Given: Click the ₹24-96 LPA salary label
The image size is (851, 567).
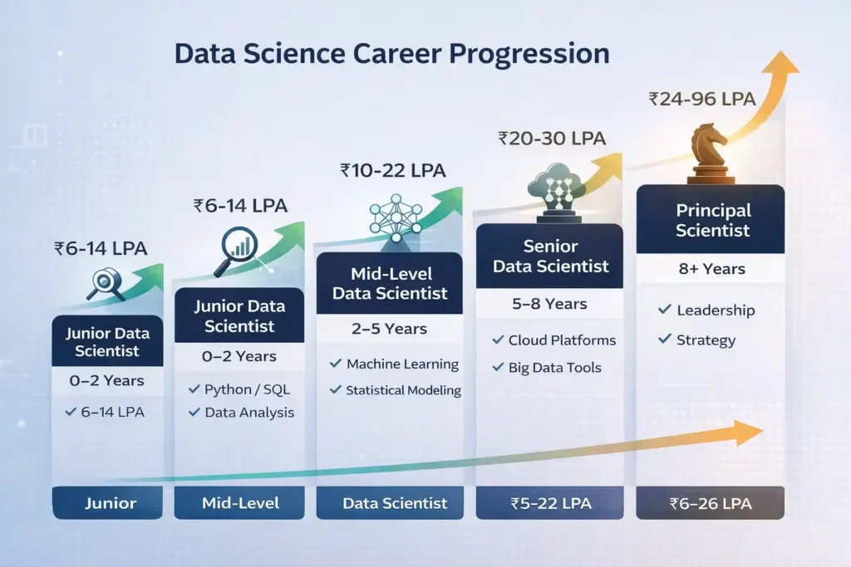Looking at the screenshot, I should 701,99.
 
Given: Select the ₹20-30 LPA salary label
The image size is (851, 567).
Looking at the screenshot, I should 552,139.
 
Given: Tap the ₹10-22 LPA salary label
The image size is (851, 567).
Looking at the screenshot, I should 393,171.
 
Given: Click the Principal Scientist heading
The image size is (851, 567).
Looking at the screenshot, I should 712,221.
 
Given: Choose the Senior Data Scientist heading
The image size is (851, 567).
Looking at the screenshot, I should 550,257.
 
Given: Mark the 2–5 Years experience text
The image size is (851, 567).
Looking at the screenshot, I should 389,329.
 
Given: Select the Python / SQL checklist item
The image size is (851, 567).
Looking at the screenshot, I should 240,389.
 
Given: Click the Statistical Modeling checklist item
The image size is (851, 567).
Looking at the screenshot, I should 396,390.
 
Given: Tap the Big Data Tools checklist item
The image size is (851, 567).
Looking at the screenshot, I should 547,367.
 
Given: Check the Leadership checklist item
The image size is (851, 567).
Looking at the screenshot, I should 706,310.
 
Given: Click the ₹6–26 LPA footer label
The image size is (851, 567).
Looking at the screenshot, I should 710,503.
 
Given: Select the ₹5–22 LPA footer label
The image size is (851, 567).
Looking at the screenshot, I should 548,503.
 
